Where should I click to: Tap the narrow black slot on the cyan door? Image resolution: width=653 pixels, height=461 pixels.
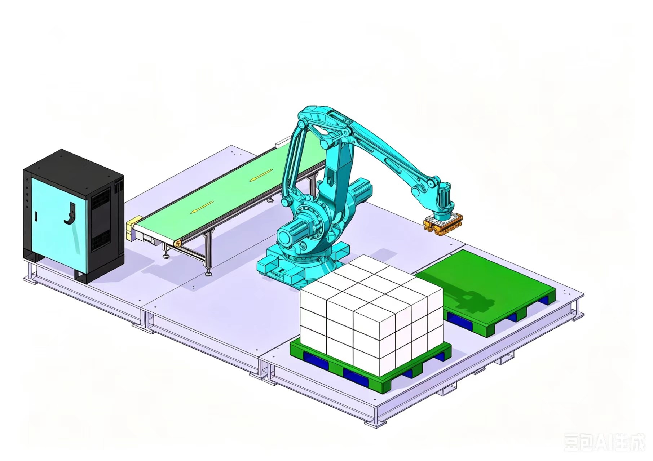[36, 216]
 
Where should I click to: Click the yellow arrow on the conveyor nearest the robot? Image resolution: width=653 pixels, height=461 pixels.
[260, 175]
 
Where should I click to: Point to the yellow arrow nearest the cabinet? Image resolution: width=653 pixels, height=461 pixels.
[202, 206]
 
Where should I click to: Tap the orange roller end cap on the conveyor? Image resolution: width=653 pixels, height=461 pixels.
[178, 244]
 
